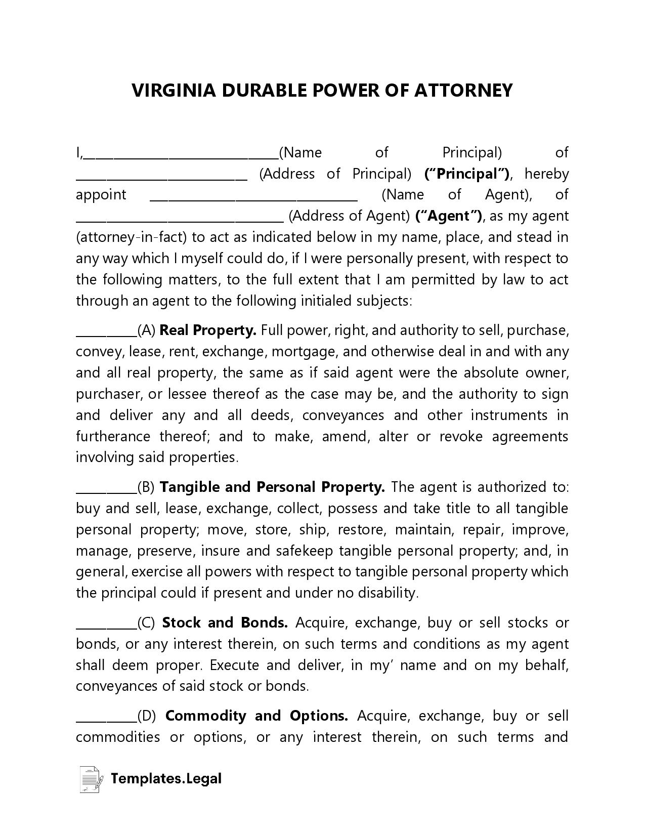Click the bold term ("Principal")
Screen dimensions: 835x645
pos(467,174)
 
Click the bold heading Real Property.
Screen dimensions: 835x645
pos(208,330)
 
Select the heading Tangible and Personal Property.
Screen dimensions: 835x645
pos(272,487)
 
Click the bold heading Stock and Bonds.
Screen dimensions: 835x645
pos(225,623)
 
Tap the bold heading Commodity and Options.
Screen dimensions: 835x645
pos(256,716)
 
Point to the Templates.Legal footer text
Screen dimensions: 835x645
pos(166,778)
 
